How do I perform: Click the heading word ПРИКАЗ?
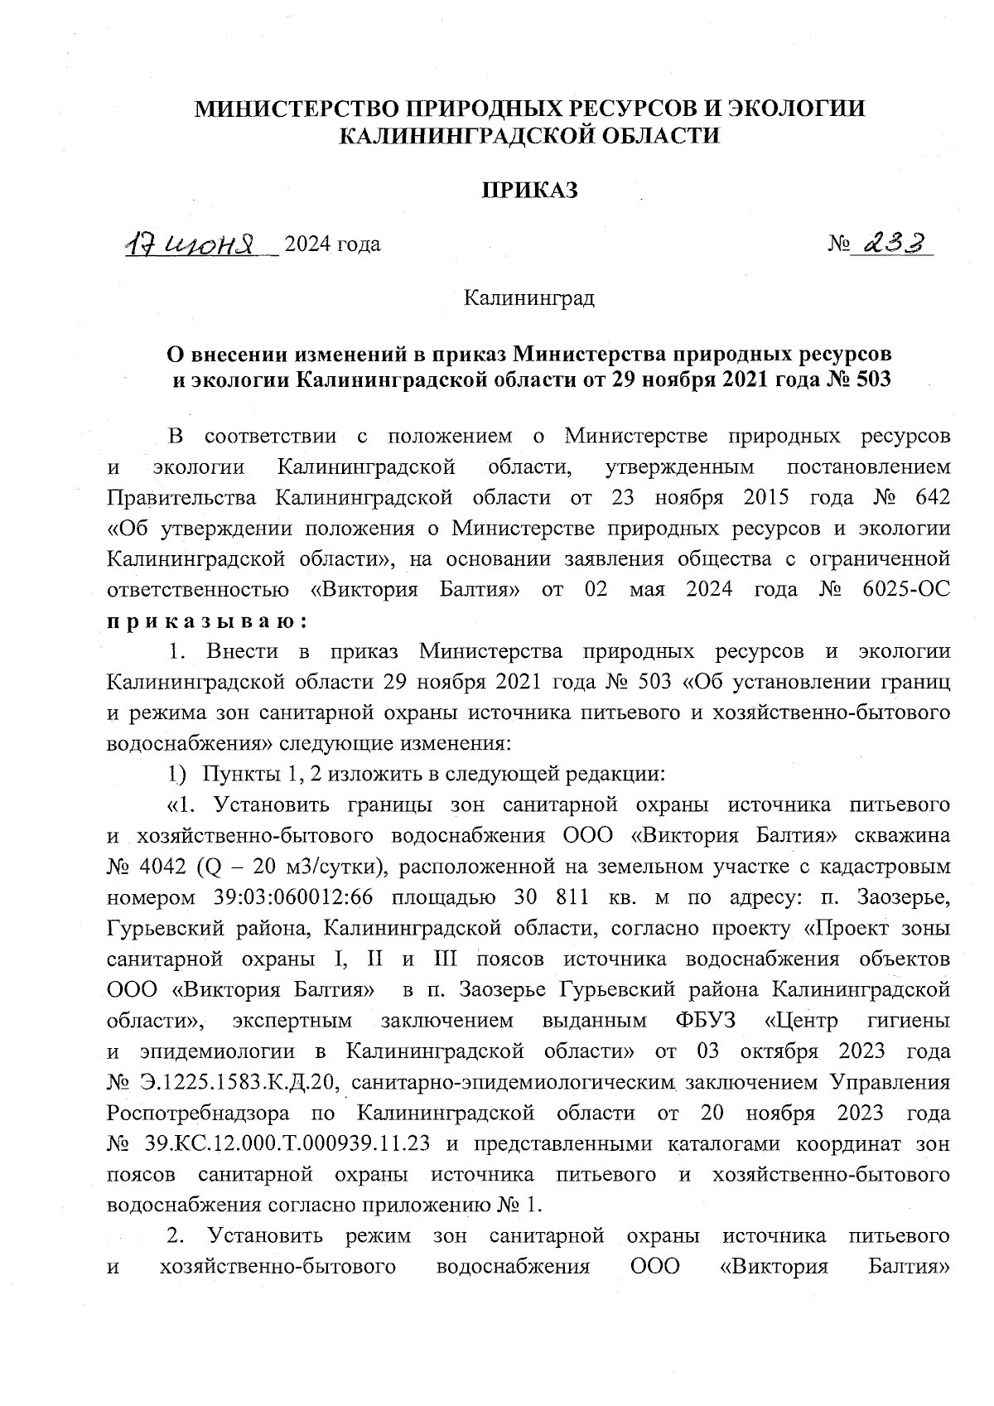pos(530,191)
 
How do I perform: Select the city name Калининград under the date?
pos(528,297)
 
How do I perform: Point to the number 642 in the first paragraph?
pos(929,497)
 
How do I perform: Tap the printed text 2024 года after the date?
pos(332,244)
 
